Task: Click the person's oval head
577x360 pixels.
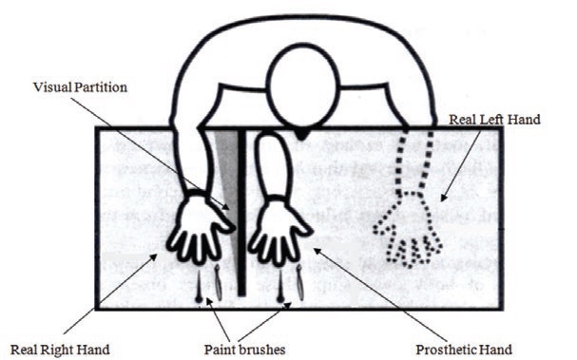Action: point(300,85)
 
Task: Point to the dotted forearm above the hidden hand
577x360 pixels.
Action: point(414,161)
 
